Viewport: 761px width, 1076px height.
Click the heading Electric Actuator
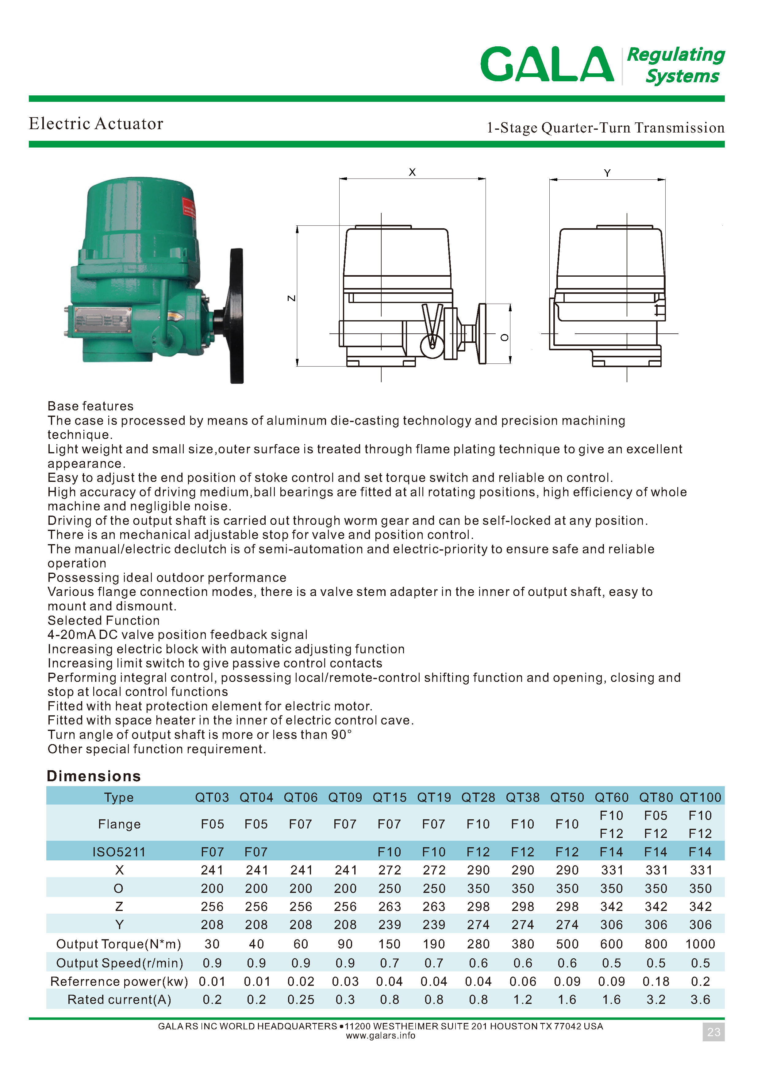click(x=96, y=124)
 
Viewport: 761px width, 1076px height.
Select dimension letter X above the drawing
click(x=412, y=172)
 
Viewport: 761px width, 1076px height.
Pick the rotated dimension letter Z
click(x=291, y=298)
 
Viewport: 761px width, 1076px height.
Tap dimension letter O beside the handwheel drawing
click(x=505, y=337)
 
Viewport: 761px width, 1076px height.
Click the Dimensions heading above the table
click(x=94, y=776)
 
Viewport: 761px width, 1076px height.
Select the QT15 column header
click(x=390, y=797)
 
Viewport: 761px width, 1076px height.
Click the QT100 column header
click(x=700, y=797)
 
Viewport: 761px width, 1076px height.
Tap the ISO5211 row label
click(x=119, y=852)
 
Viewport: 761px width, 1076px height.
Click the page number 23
click(x=713, y=1032)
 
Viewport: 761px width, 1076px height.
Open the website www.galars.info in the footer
click(x=380, y=1036)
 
